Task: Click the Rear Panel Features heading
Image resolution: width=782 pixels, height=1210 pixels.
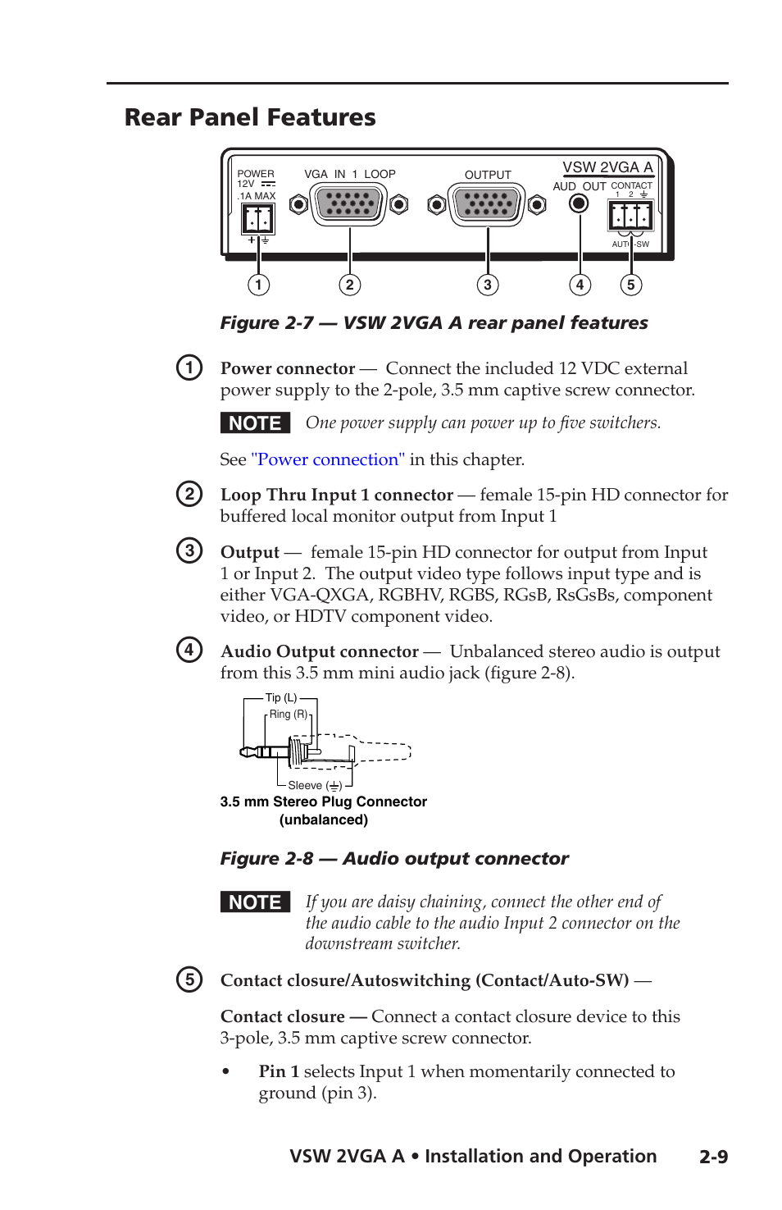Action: [x=250, y=117]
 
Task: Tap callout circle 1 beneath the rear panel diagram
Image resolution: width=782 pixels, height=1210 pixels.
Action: [x=258, y=285]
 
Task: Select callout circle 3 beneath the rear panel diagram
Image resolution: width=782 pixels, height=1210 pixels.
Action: [x=488, y=285]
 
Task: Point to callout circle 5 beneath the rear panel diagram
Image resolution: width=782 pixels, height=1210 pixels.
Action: [x=630, y=285]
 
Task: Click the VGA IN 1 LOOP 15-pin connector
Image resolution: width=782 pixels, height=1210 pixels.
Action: [x=349, y=203]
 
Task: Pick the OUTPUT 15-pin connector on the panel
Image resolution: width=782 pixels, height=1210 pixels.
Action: [x=487, y=204]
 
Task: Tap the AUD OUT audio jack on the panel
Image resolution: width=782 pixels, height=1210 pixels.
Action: [x=579, y=203]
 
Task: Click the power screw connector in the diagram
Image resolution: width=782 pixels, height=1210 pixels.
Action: [x=257, y=219]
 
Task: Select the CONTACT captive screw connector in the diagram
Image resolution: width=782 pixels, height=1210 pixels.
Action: [x=630, y=216]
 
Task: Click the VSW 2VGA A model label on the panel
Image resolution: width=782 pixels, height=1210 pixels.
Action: [x=607, y=167]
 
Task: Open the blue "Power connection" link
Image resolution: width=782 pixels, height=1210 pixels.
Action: [x=328, y=459]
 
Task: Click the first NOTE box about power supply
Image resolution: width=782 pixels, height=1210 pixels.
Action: [x=255, y=423]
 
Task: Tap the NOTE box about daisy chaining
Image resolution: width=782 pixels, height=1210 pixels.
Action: [x=255, y=902]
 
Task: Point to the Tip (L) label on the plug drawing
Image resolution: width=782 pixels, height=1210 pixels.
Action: [x=281, y=698]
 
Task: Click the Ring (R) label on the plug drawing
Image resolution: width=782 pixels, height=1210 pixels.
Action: [x=289, y=715]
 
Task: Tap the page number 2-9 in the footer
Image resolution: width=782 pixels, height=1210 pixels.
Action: [x=713, y=1157]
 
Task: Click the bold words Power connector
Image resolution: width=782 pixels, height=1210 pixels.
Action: [x=288, y=369]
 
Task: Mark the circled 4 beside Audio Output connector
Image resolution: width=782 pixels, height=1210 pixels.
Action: [x=189, y=650]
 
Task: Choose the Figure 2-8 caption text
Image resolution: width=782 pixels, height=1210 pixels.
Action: [x=394, y=859]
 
